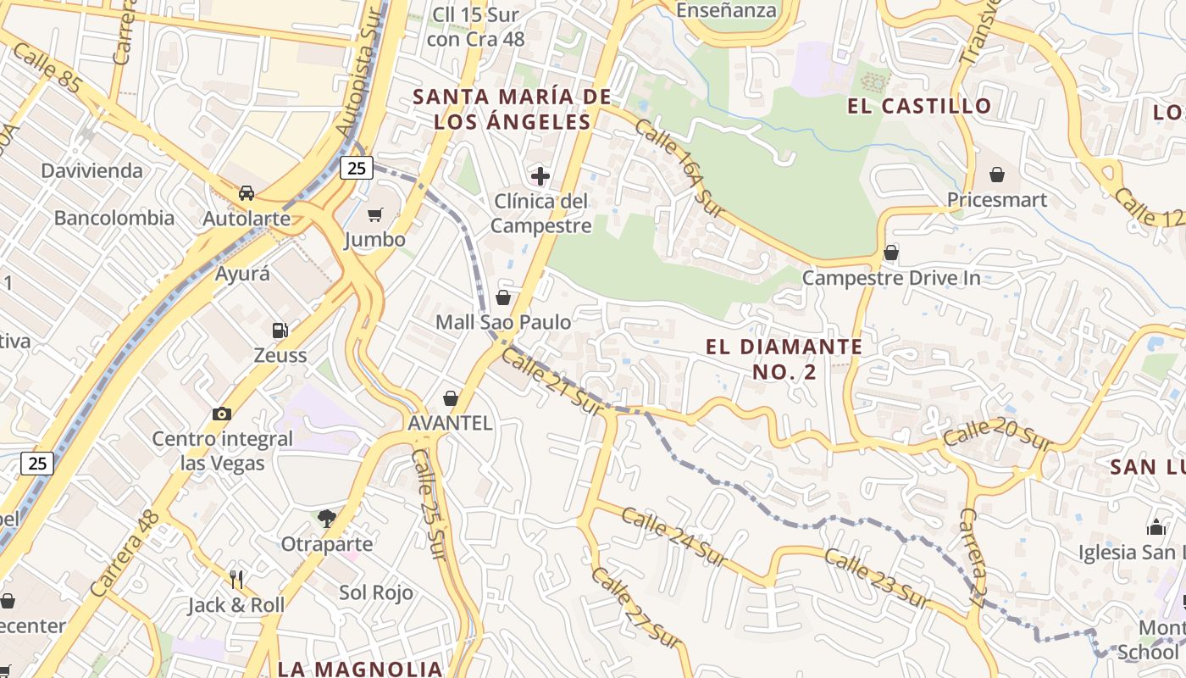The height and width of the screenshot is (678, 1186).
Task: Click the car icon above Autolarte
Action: tap(247, 193)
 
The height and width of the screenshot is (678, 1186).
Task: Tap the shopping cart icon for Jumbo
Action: tap(374, 215)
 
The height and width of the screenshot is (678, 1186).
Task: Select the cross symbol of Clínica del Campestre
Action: tap(540, 176)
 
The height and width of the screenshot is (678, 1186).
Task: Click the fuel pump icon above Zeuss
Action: tap(280, 331)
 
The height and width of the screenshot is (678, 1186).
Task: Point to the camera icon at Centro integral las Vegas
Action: tap(222, 414)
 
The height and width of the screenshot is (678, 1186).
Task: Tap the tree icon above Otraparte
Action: tap(326, 518)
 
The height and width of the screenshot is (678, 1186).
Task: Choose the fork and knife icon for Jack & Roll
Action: tap(236, 580)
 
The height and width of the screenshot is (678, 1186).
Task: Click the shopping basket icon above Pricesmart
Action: tap(997, 175)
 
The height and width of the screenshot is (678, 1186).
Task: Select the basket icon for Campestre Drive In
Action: tap(891, 253)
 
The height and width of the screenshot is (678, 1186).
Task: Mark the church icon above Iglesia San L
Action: tap(1156, 527)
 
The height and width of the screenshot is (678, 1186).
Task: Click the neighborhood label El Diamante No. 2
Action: tap(784, 358)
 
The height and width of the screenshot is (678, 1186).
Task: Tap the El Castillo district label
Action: tap(919, 106)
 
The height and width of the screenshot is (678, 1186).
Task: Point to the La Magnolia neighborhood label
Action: tap(360, 668)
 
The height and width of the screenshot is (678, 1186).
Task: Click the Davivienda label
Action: tap(92, 170)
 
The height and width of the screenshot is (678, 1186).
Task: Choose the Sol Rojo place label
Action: tap(376, 592)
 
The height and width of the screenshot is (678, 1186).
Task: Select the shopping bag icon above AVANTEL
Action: tap(451, 398)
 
